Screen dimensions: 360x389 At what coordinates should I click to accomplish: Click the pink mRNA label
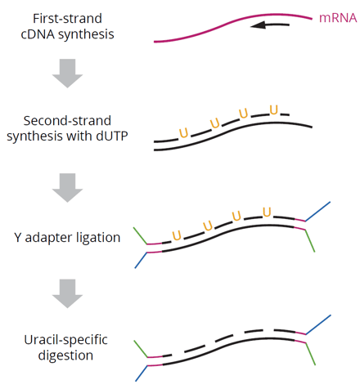(x=338, y=18)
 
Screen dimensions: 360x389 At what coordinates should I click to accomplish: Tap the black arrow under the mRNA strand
(x=270, y=25)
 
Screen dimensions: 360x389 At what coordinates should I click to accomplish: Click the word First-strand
(x=67, y=19)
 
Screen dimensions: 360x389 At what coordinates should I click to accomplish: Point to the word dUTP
(x=112, y=136)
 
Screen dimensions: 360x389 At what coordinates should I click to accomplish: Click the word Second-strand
(x=67, y=121)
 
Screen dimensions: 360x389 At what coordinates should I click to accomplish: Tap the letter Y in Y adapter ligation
(x=18, y=238)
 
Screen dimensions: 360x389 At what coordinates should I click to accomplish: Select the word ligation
(x=98, y=238)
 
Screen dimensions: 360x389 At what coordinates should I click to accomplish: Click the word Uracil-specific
(x=65, y=340)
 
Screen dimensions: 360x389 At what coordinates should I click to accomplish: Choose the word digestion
(x=65, y=355)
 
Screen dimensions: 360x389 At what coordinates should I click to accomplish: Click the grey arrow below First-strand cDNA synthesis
(x=67, y=73)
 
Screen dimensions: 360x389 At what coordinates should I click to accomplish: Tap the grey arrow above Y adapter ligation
(x=67, y=187)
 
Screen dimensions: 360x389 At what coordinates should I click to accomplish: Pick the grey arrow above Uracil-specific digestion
(x=67, y=293)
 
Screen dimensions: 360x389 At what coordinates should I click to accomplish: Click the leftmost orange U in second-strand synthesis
(x=183, y=133)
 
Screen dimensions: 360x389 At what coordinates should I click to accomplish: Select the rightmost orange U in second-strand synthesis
(x=274, y=110)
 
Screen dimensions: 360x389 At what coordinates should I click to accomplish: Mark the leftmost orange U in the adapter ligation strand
(x=177, y=235)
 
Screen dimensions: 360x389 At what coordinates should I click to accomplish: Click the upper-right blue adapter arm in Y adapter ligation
(x=317, y=212)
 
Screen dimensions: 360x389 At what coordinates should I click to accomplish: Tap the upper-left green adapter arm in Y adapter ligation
(x=140, y=235)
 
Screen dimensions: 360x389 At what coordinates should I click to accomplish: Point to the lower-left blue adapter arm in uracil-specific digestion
(x=142, y=373)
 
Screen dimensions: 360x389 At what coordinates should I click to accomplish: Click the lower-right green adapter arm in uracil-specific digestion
(x=310, y=354)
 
